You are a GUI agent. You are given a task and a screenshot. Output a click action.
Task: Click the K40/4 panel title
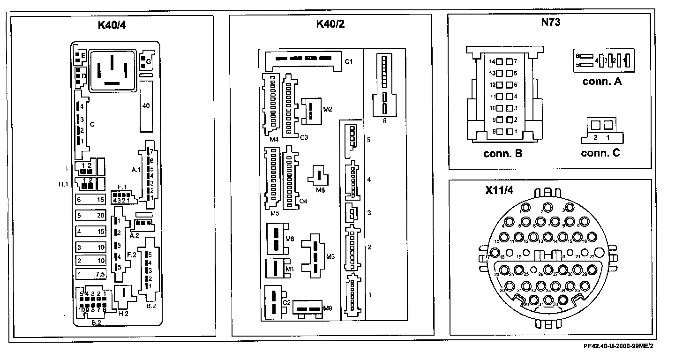pyautogui.click(x=112, y=25)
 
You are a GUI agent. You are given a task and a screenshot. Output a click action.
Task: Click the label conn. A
pyautogui.click(x=602, y=81)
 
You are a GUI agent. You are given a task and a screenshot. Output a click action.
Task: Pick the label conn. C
pyautogui.click(x=601, y=154)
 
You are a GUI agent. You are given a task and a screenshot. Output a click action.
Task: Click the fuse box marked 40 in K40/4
pyautogui.click(x=146, y=106)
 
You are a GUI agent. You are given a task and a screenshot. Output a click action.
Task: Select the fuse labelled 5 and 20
pyautogui.click(x=91, y=216)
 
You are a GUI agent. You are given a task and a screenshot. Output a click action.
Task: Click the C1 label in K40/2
pyautogui.click(x=349, y=61)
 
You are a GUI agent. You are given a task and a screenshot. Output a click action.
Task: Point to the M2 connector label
pyautogui.click(x=328, y=109)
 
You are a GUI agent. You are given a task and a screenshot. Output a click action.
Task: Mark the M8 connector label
pyautogui.click(x=320, y=190)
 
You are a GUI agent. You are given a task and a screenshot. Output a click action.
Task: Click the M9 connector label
pyautogui.click(x=328, y=308)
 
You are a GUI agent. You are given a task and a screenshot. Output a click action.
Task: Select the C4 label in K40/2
pyautogui.click(x=303, y=201)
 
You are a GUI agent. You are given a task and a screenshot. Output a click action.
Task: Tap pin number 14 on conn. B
pyautogui.click(x=492, y=61)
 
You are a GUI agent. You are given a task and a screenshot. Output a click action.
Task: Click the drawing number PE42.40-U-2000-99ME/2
pyautogui.click(x=618, y=347)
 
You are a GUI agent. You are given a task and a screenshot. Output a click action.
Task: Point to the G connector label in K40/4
pyautogui.click(x=149, y=61)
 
